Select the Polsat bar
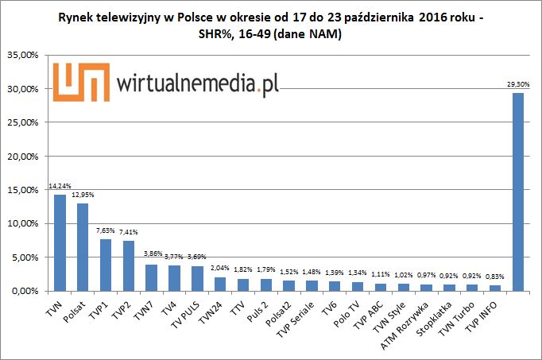[x=83, y=247]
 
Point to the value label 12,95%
[x=83, y=195]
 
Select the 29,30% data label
[x=517, y=84]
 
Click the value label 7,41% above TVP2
[x=129, y=232]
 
